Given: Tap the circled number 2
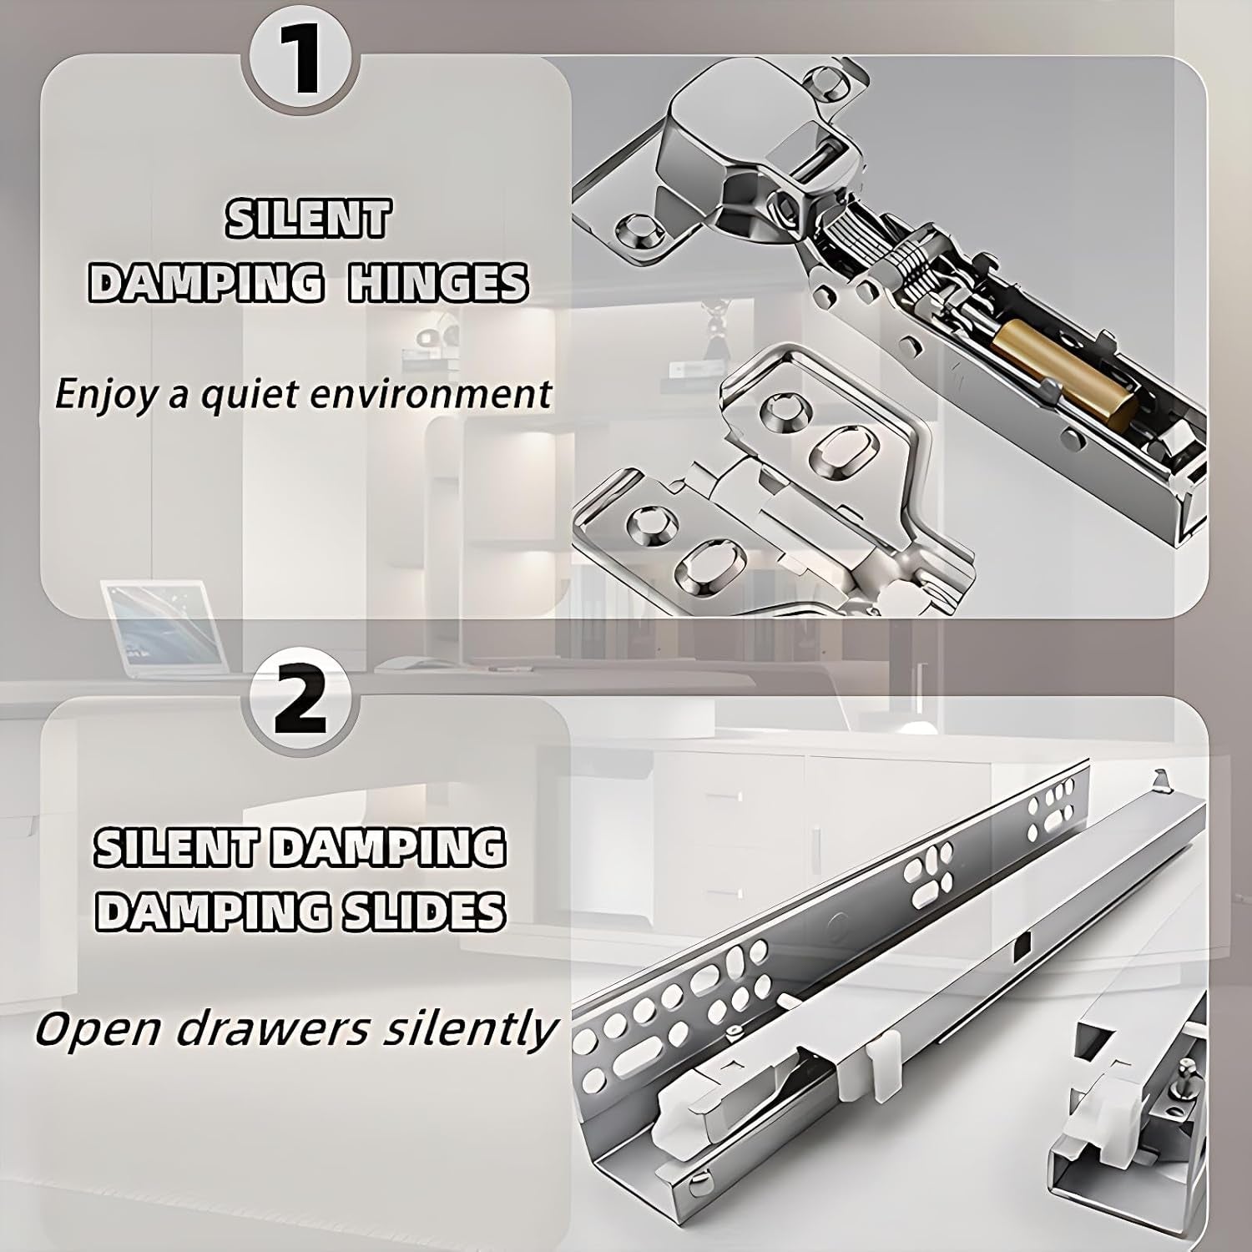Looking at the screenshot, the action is click(300, 704).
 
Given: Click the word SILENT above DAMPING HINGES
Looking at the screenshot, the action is click(308, 219).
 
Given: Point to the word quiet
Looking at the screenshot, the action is click(244, 392).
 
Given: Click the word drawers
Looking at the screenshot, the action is click(271, 1028).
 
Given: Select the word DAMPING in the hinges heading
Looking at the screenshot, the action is click(205, 284).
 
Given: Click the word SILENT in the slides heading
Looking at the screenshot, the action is click(181, 848).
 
